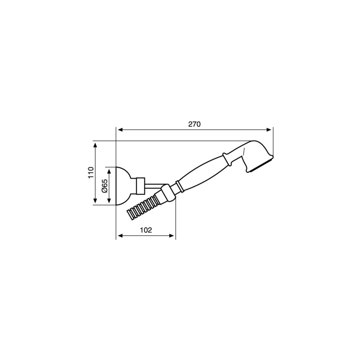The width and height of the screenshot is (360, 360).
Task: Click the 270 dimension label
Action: [x=194, y=124]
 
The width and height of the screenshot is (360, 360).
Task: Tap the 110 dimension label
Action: [x=91, y=172]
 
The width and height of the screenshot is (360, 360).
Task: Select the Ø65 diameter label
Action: [x=104, y=186]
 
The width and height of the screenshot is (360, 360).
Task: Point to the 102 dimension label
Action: [x=146, y=230]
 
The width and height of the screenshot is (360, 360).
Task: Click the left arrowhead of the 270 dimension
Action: [x=120, y=130]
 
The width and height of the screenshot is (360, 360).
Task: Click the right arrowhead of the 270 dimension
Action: [x=269, y=130]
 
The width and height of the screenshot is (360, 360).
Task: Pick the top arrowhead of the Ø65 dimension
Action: [x=109, y=171]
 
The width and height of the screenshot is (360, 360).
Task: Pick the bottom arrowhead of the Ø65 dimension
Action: [x=109, y=200]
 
